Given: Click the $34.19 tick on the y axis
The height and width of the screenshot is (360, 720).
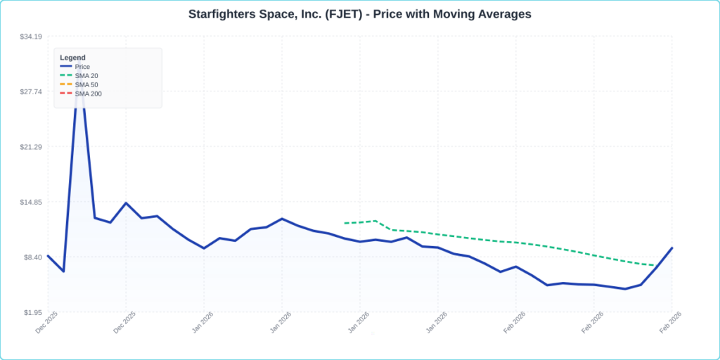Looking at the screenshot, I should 31,37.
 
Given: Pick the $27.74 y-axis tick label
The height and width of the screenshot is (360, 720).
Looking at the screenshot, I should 31,92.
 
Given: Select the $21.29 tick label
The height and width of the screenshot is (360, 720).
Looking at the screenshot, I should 31,147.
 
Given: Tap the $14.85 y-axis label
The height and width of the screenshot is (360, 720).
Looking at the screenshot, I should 31,202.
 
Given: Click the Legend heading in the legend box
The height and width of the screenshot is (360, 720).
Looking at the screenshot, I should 72,58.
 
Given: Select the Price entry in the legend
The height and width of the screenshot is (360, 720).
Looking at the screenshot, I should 82,67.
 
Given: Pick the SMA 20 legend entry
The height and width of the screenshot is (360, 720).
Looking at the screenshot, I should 86,75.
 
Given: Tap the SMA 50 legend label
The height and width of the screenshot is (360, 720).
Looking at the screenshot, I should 86,84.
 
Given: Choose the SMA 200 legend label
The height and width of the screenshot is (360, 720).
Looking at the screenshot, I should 88,94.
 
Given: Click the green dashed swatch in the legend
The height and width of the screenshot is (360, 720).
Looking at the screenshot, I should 66,75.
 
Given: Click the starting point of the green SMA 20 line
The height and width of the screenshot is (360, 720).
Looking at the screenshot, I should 345,223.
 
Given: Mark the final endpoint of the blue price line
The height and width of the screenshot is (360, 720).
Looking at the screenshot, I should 672,248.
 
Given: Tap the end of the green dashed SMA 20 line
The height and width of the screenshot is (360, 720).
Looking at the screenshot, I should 655,265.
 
